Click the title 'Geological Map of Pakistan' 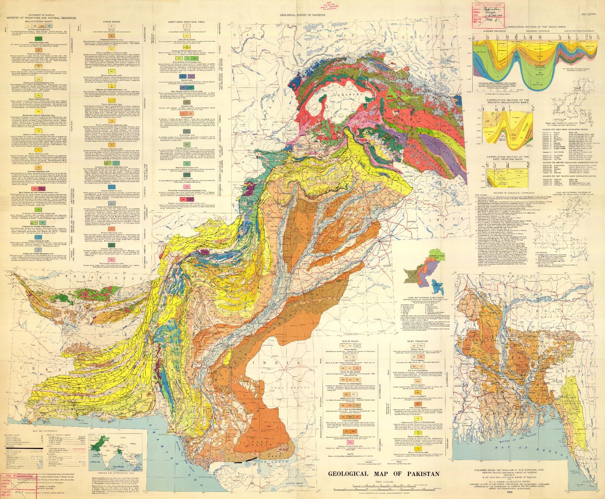[x=383, y=474]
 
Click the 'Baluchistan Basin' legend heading [x=41, y=22]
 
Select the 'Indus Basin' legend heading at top [x=112, y=22]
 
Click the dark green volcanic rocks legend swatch [x=37, y=39]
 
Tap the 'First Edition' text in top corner [x=589, y=14]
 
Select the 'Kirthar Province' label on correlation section [x=495, y=31]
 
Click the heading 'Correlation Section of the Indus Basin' [x=535, y=27]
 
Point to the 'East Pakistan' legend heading [x=417, y=341]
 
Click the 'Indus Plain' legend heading [x=351, y=341]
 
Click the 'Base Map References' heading [x=45, y=431]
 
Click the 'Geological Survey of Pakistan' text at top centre [x=302, y=15]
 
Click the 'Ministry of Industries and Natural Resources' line [x=41, y=18]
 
